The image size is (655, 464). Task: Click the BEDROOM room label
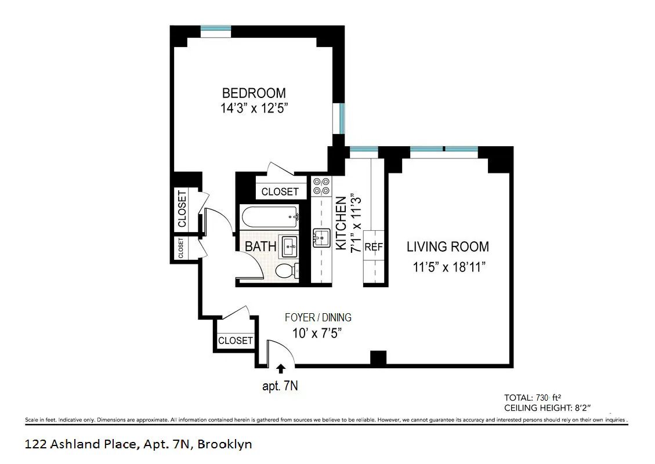[x=254, y=93]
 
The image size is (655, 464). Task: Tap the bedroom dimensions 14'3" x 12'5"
[x=254, y=108]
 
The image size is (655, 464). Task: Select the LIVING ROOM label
[x=447, y=246]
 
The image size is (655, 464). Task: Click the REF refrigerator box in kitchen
[x=374, y=246]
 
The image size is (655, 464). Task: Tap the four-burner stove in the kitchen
[x=321, y=186]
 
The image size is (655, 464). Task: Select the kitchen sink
[x=321, y=238]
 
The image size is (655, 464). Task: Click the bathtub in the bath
[x=269, y=216]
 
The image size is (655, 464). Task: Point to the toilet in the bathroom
[x=286, y=271]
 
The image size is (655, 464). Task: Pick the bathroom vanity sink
[x=290, y=247]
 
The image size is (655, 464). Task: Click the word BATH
[x=260, y=246]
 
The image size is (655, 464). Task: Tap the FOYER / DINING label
[x=318, y=318]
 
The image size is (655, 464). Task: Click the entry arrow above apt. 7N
[x=281, y=368]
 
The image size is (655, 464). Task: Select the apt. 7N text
[x=280, y=386]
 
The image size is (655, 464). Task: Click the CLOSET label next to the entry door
[x=235, y=340]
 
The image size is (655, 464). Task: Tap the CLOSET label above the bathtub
[x=280, y=191]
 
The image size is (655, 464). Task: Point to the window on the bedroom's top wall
[x=215, y=28]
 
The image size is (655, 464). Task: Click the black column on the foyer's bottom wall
[x=378, y=358]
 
